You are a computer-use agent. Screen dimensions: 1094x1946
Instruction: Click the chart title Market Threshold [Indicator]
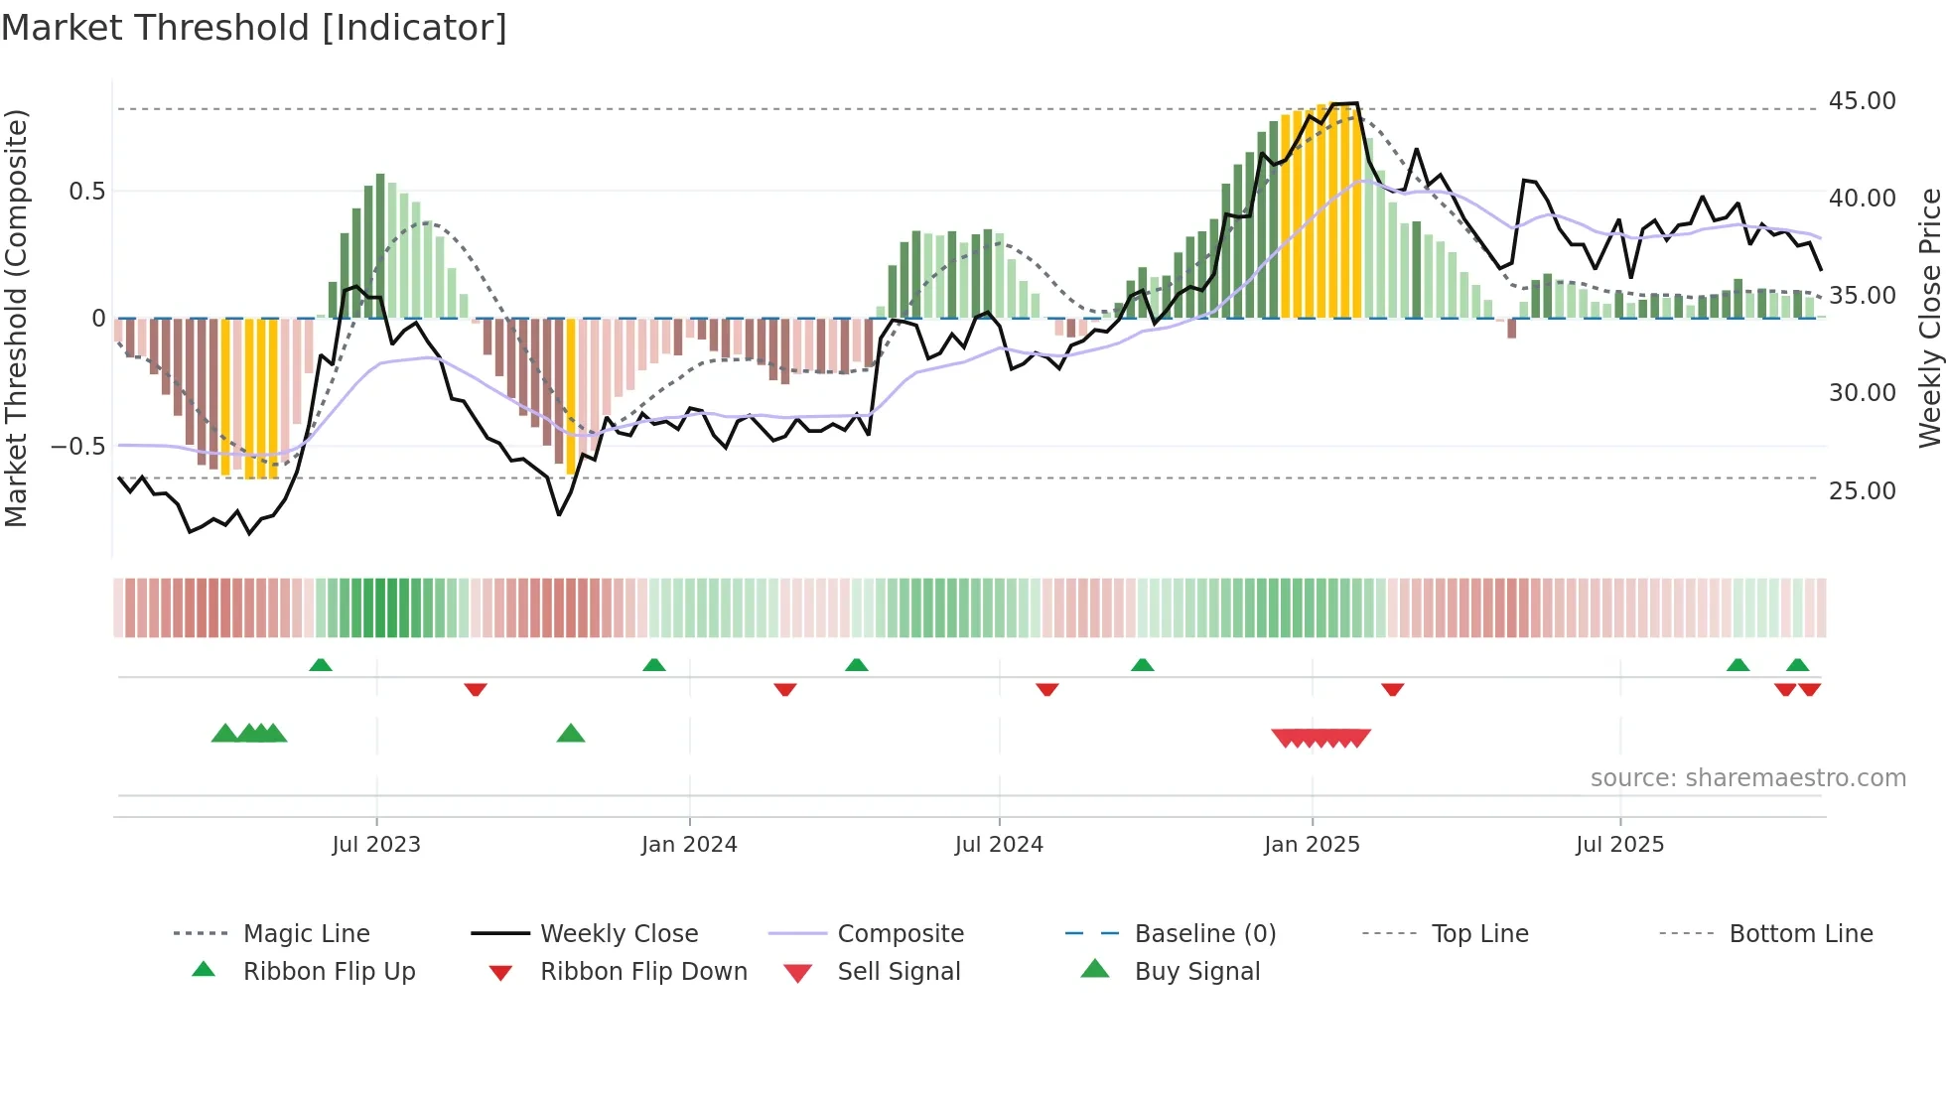(254, 28)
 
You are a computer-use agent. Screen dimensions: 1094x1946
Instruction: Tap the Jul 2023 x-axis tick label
(376, 845)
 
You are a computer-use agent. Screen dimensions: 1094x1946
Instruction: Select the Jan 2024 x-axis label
(689, 845)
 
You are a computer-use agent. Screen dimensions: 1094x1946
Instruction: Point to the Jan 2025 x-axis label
(1312, 845)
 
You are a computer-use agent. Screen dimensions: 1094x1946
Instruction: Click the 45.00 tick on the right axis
(1862, 101)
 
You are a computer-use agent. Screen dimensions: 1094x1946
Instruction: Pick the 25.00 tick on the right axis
(1862, 491)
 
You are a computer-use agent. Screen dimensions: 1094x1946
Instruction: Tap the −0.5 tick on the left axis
(77, 447)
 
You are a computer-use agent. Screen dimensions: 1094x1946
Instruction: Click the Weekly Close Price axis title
(1929, 318)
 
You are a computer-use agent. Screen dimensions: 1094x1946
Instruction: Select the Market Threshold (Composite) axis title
(16, 318)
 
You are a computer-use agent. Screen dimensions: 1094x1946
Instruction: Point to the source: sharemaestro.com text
(1747, 778)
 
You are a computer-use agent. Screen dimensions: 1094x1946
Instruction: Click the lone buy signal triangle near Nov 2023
(571, 734)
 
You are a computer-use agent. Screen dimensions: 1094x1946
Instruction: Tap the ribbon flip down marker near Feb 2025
(1392, 689)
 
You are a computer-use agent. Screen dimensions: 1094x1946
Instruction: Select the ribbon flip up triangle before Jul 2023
(320, 665)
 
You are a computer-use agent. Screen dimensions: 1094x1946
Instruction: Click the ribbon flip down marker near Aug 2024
(1046, 689)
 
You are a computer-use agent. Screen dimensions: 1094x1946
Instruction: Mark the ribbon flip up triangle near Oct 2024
(1142, 665)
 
